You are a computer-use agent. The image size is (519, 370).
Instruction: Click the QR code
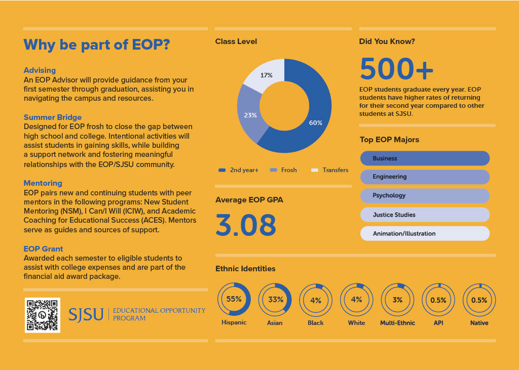43,315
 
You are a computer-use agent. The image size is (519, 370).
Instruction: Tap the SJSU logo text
86,314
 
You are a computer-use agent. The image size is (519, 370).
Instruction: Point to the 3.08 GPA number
246,225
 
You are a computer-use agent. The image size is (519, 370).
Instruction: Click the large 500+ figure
396,69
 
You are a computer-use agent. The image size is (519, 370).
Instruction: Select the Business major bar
425,158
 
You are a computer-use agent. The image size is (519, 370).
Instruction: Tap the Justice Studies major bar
425,215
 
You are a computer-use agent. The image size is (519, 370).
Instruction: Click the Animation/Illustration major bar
425,233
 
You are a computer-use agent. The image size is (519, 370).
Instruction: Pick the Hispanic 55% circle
234,299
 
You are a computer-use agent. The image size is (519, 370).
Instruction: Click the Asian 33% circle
275,299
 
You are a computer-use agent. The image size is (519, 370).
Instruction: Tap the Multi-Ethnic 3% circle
397,300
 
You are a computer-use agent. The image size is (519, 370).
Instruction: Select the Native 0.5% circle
479,300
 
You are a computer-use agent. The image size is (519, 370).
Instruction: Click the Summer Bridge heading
53,117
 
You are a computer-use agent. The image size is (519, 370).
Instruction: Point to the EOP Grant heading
44,249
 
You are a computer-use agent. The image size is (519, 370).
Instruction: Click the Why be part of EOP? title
96,45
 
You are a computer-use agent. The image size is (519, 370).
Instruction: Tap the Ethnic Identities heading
245,269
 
